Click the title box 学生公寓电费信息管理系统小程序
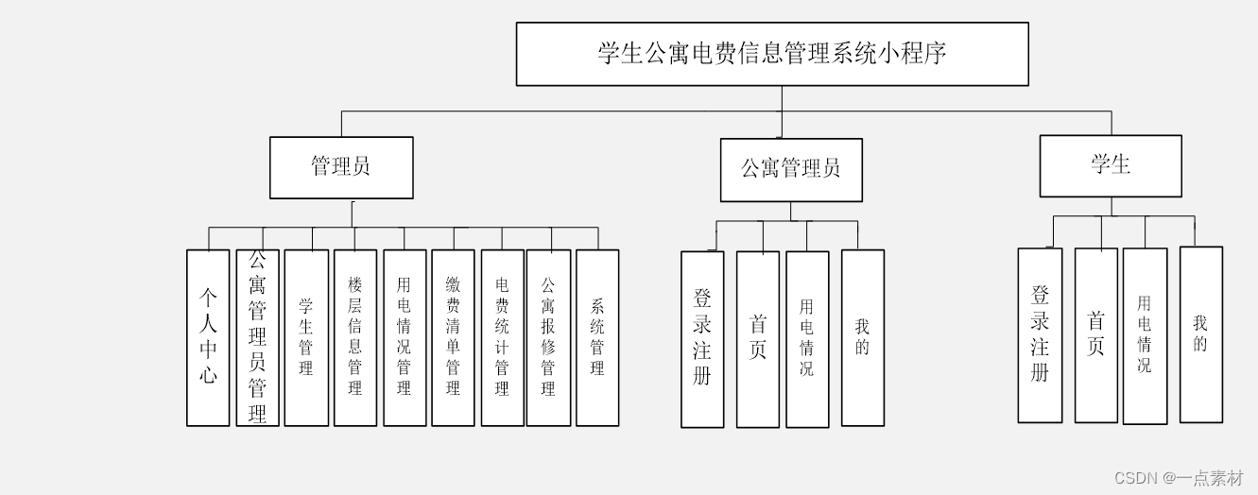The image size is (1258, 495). click(771, 54)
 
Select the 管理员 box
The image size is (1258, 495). click(341, 167)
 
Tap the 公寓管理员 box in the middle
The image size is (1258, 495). click(791, 170)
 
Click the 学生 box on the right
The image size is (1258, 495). click(1111, 165)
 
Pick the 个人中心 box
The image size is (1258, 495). click(208, 337)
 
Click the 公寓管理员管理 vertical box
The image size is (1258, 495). click(257, 337)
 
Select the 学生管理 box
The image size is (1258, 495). click(306, 337)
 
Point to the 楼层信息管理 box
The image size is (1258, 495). click(355, 337)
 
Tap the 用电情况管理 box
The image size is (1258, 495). click(405, 337)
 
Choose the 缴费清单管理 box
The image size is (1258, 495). click(454, 337)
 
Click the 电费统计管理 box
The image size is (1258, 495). click(502, 337)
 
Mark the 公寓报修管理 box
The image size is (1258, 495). click(548, 337)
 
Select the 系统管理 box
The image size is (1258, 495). click(597, 337)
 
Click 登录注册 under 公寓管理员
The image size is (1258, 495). click(702, 338)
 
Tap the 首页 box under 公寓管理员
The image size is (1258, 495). click(758, 338)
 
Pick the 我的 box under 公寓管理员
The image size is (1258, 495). click(863, 337)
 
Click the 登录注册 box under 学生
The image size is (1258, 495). click(1040, 334)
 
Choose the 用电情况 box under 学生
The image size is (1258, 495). click(1145, 335)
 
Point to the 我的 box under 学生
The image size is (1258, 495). click(1200, 334)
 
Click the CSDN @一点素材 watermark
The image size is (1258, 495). click(1179, 478)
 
